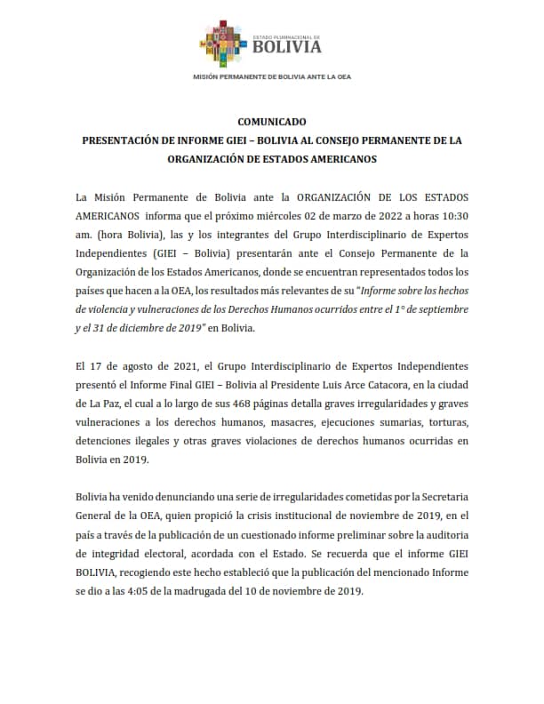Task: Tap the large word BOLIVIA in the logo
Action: coord(287,47)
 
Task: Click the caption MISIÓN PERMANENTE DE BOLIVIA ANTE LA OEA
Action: coord(272,77)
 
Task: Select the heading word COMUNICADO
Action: coord(272,121)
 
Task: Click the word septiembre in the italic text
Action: coord(437,308)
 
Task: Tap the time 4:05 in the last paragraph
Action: coord(166,593)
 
